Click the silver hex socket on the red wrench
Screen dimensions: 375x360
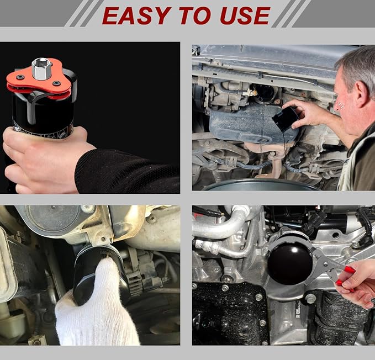(41, 68)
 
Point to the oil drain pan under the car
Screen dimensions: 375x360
(261, 184)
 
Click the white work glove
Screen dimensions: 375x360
(96, 306)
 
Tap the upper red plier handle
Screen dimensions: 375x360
(350, 269)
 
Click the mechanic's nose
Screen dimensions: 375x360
(337, 105)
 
